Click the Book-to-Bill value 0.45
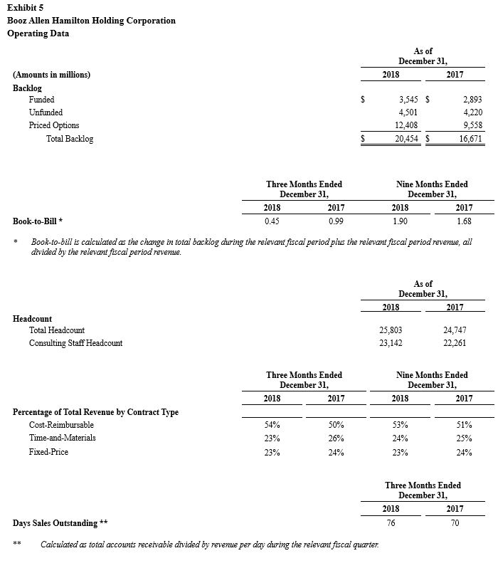pyautogui.click(x=271, y=221)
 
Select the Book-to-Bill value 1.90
pyautogui.click(x=399, y=221)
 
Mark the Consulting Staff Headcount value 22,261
pyautogui.click(x=455, y=343)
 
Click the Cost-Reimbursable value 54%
pyautogui.click(x=271, y=424)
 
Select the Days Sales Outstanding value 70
pyautogui.click(x=455, y=523)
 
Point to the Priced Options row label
pyautogui.click(x=54, y=125)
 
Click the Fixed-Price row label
pyautogui.click(x=48, y=451)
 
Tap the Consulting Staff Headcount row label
pyautogui.click(x=75, y=343)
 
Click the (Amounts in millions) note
pyautogui.click(x=51, y=75)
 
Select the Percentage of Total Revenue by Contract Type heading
pyautogui.click(x=95, y=411)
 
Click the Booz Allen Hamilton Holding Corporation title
pyautogui.click(x=91, y=21)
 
